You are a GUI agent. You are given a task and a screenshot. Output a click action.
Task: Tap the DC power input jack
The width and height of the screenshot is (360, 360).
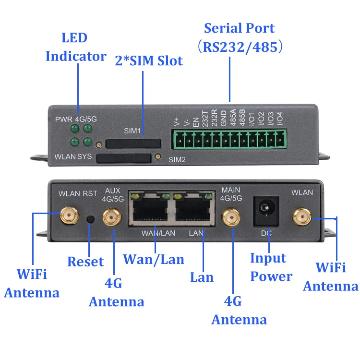(265, 210)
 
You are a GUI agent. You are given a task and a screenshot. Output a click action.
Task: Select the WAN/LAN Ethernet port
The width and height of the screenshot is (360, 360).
(148, 211)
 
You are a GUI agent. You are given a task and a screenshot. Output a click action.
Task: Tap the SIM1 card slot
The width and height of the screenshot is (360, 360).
(133, 143)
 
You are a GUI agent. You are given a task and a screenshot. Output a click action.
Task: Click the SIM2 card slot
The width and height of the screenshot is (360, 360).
(124, 158)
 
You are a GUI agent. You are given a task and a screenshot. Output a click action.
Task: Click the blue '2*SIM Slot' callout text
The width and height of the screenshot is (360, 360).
(149, 61)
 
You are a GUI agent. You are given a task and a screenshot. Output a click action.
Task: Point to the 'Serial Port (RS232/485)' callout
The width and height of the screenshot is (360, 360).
(239, 37)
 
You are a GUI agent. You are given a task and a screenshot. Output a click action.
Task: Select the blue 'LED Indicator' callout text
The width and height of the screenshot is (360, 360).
(76, 47)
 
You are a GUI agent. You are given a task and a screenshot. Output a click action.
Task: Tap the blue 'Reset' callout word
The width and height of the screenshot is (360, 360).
(85, 262)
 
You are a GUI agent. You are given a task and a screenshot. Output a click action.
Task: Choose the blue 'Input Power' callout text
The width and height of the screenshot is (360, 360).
(271, 267)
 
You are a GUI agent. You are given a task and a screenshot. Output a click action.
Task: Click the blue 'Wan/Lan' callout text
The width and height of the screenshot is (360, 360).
(154, 259)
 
